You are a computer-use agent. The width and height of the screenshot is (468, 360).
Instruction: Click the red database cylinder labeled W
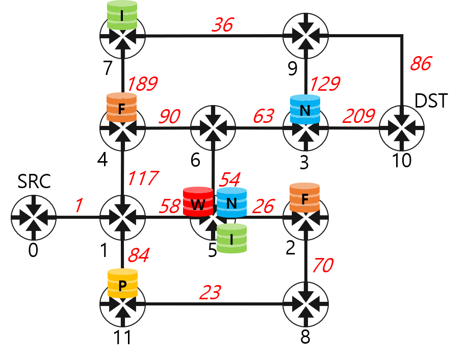pyautogui.click(x=198, y=202)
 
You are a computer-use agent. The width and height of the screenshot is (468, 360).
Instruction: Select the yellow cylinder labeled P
pyautogui.click(x=122, y=284)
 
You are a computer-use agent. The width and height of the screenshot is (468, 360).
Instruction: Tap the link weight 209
pyautogui.click(x=358, y=117)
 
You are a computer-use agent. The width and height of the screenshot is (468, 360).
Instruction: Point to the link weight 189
pyautogui.click(x=142, y=84)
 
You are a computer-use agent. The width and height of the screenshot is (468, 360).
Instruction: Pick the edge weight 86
pyautogui.click(x=421, y=64)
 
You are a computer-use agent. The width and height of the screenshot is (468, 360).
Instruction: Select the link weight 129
pyautogui.click(x=325, y=84)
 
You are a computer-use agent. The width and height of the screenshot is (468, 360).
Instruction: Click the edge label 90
pyautogui.click(x=169, y=117)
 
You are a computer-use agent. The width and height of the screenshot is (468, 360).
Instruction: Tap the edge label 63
pyautogui.click(x=263, y=117)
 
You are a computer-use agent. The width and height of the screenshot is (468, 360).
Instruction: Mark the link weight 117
pyautogui.click(x=142, y=179)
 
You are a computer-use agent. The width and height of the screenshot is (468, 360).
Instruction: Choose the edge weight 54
pyautogui.click(x=229, y=179)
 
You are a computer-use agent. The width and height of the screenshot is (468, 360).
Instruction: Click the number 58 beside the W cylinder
pyautogui.click(x=170, y=206)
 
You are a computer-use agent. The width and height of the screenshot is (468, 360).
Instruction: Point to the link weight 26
pyautogui.click(x=263, y=207)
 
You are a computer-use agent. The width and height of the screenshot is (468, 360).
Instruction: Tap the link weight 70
pyautogui.click(x=322, y=266)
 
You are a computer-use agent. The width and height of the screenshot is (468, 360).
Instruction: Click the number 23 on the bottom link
pyautogui.click(x=210, y=293)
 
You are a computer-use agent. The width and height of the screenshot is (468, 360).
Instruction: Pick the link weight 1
pyautogui.click(x=78, y=205)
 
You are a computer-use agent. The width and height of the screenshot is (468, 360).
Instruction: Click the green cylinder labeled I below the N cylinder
pyautogui.click(x=231, y=238)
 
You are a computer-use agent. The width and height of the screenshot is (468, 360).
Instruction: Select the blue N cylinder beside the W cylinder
pyautogui.click(x=231, y=202)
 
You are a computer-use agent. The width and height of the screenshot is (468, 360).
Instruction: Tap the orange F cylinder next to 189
pyautogui.click(x=121, y=108)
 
